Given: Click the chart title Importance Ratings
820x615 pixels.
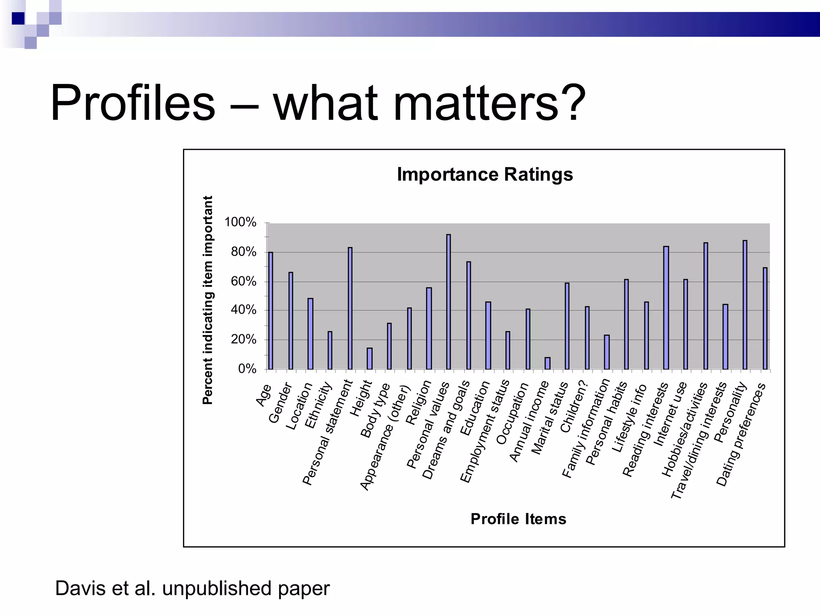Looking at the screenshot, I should [x=484, y=175].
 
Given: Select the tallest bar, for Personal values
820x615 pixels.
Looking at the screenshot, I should [x=448, y=302].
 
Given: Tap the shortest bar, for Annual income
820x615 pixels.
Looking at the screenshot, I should [x=547, y=363].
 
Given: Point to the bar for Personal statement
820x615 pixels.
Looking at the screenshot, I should [x=350, y=308].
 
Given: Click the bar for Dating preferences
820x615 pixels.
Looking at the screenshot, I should [x=765, y=318].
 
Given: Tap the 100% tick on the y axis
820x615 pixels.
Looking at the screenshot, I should [x=240, y=222].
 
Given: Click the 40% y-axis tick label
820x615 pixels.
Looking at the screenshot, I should [x=243, y=310].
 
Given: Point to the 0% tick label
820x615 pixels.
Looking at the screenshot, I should [x=247, y=369].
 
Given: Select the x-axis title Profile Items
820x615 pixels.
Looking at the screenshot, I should [x=518, y=519].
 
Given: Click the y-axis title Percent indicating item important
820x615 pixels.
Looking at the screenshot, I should [x=207, y=300].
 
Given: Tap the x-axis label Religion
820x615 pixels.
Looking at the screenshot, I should [x=418, y=402].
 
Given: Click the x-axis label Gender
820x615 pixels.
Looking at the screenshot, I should [x=280, y=403].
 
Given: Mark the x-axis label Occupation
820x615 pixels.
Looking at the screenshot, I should [x=513, y=413].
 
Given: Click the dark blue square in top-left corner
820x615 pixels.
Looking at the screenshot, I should [x=18, y=18].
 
